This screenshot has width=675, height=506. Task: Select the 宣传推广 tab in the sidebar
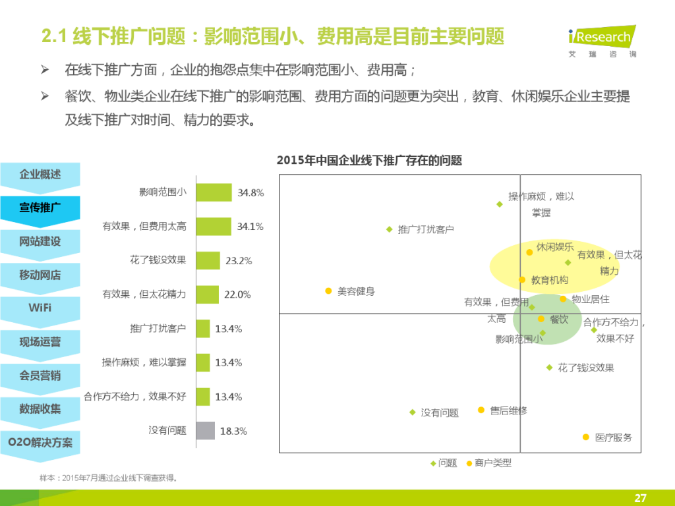(x=40, y=208)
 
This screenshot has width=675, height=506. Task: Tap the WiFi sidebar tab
(x=40, y=308)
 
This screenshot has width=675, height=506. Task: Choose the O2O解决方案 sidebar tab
(x=40, y=442)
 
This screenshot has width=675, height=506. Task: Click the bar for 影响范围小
(x=214, y=192)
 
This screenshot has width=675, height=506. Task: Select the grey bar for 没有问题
(x=205, y=431)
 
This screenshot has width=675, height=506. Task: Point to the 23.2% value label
(x=239, y=261)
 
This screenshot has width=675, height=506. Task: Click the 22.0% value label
(x=237, y=295)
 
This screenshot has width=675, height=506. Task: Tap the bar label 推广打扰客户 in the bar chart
(x=158, y=328)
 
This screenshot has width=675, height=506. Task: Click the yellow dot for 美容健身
(x=328, y=291)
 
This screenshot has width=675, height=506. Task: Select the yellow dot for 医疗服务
(x=585, y=437)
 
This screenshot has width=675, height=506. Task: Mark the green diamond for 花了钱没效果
(x=549, y=368)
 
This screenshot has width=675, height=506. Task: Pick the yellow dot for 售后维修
(x=481, y=410)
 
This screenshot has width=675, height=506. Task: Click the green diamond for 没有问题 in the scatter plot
(x=413, y=412)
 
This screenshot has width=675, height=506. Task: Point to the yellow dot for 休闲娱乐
(x=529, y=252)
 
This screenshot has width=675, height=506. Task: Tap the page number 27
(x=640, y=497)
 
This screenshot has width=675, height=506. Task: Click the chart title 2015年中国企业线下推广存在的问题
(x=369, y=160)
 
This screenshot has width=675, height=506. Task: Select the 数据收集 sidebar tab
(x=40, y=408)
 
